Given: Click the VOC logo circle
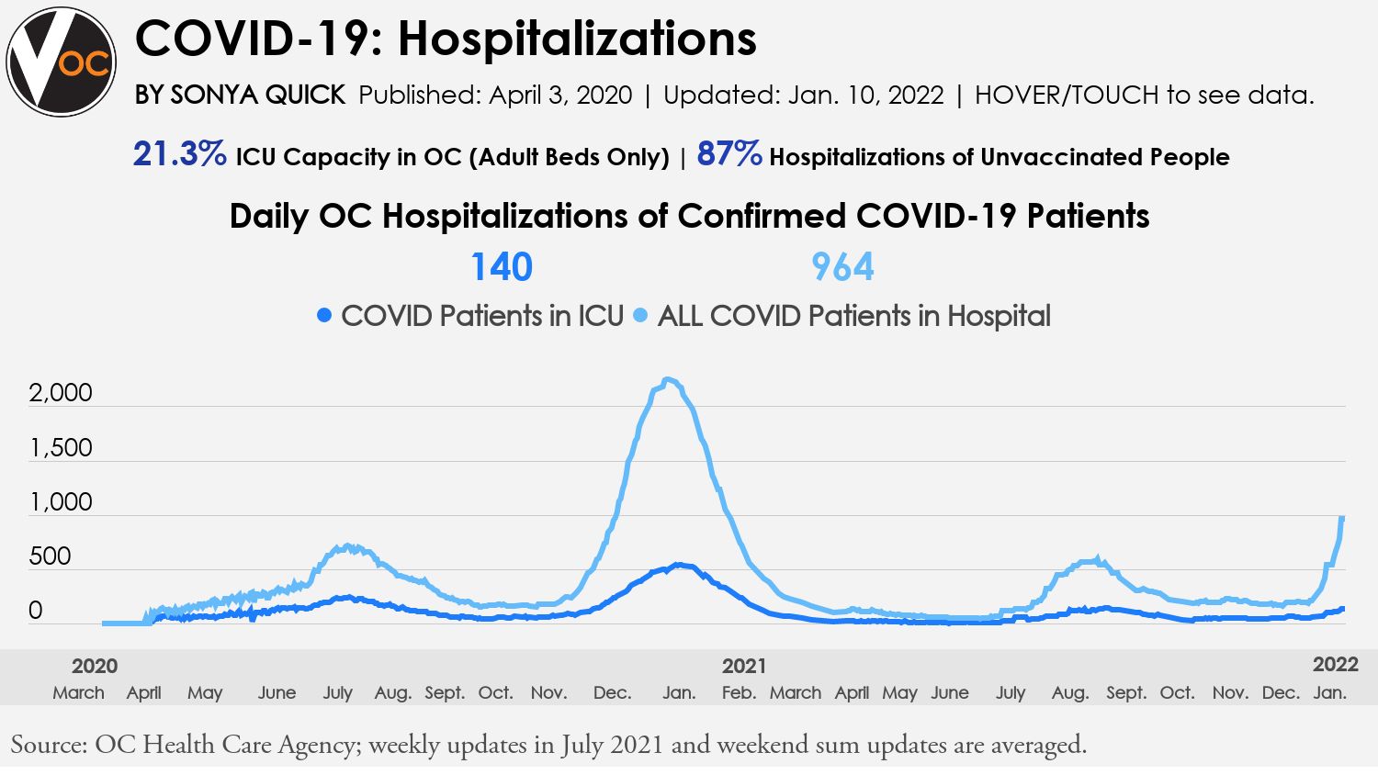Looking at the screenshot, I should pyautogui.click(x=62, y=62).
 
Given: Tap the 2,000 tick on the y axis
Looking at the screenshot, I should pyautogui.click(x=61, y=393).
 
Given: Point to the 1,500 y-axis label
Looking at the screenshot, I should pyautogui.click(x=61, y=448).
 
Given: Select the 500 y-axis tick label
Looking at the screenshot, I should pyautogui.click(x=50, y=556).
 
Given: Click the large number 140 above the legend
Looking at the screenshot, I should pyautogui.click(x=502, y=267).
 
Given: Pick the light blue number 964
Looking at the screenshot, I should pyautogui.click(x=842, y=267).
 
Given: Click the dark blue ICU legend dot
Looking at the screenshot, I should pyautogui.click(x=323, y=316).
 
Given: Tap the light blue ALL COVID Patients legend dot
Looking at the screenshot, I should pyautogui.click(x=640, y=316).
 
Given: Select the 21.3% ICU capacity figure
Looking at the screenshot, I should pyautogui.click(x=180, y=154).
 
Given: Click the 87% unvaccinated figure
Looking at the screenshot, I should pyautogui.click(x=729, y=154).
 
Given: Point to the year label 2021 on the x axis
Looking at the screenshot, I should pyautogui.click(x=743, y=666).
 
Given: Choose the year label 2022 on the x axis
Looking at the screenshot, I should pyautogui.click(x=1335, y=665).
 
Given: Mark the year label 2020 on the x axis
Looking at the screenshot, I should pyautogui.click(x=95, y=666).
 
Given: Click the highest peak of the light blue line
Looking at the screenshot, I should pyautogui.click(x=669, y=380).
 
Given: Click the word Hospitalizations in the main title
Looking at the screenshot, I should pyautogui.click(x=577, y=39).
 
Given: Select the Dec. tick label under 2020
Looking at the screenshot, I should pyautogui.click(x=612, y=692).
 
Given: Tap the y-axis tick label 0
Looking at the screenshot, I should pyautogui.click(x=36, y=611).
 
